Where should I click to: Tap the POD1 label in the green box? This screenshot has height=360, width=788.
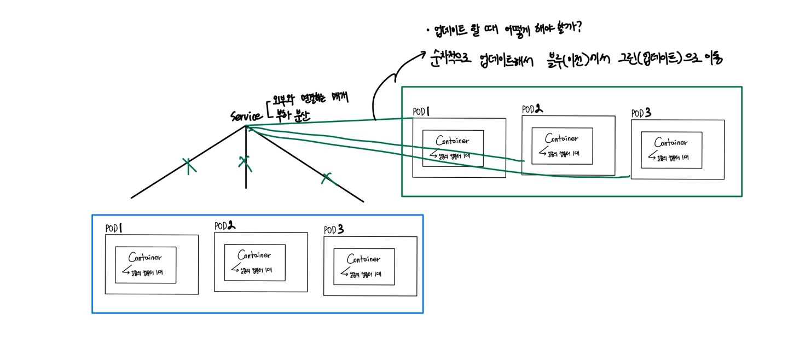(x=421, y=112)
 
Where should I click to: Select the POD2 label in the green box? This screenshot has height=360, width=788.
(x=532, y=109)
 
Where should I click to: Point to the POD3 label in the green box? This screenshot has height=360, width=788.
(x=641, y=113)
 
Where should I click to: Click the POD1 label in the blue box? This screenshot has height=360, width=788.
(x=113, y=228)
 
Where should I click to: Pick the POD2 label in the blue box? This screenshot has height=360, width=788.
(x=224, y=225)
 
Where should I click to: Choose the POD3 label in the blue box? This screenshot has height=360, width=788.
(x=333, y=230)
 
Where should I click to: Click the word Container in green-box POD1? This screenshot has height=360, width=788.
(x=453, y=141)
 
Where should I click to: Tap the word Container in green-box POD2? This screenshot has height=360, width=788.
(x=561, y=138)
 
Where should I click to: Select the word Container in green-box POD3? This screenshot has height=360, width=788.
(x=671, y=142)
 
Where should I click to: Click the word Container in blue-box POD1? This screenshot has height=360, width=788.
(x=145, y=257)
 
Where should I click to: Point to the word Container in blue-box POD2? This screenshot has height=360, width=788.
(x=254, y=255)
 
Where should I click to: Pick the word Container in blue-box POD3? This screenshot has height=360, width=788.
(x=363, y=259)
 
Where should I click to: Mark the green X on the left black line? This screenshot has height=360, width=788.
(x=188, y=166)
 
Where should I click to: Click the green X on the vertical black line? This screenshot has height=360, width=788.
(x=245, y=162)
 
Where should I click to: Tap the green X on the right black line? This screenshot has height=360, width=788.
(x=327, y=177)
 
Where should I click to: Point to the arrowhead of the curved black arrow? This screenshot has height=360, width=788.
(x=422, y=54)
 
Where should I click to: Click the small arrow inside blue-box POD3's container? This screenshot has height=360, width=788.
(x=345, y=272)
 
